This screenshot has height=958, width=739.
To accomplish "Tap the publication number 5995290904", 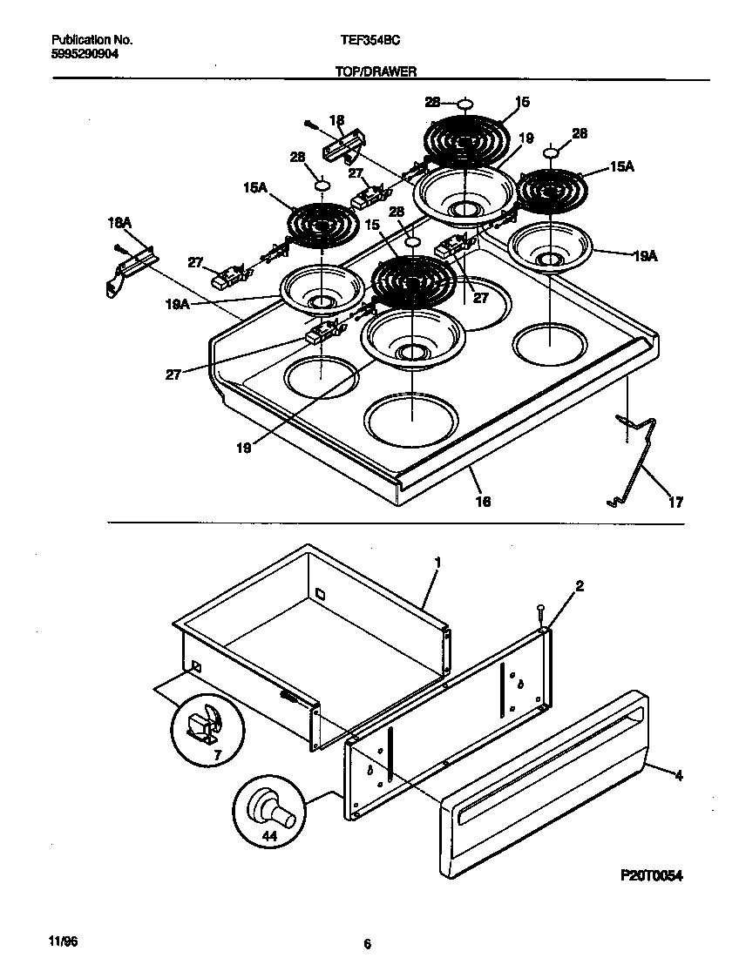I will [85, 53].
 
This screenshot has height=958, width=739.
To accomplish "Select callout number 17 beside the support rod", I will [675, 503].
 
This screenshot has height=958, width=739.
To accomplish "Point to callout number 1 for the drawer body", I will [437, 563].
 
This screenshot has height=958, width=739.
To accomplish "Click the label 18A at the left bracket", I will [119, 224].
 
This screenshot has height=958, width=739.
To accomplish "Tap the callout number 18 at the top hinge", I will [336, 120].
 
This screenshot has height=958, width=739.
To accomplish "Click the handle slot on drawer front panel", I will [549, 764].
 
